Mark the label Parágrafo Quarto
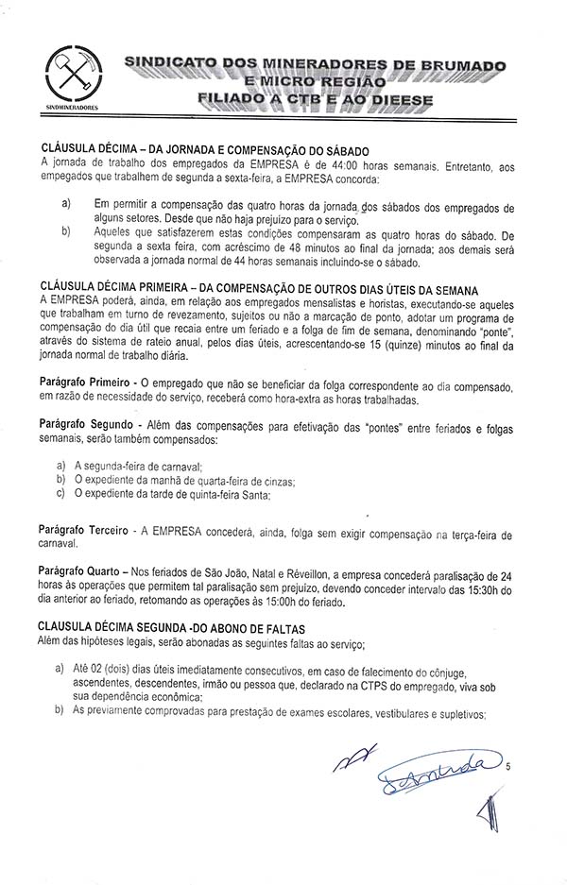pyautogui.click(x=78, y=573)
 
